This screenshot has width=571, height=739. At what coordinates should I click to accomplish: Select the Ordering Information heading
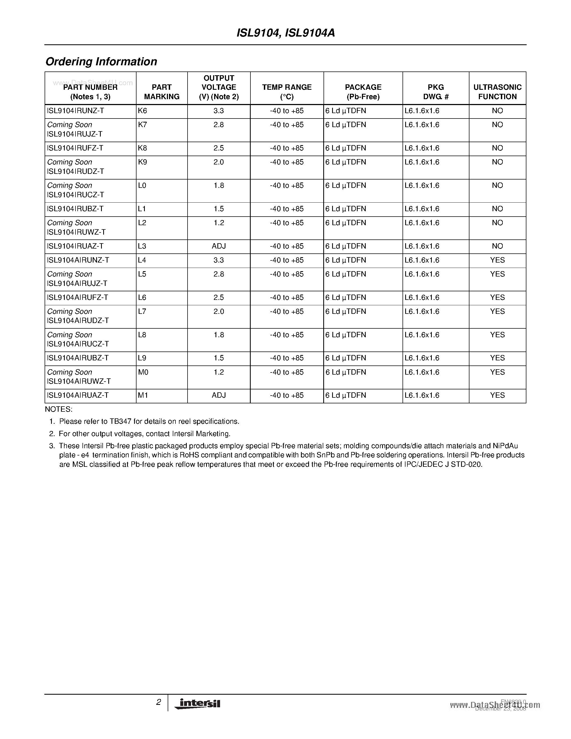101,62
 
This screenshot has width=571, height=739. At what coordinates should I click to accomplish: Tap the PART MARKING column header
162,92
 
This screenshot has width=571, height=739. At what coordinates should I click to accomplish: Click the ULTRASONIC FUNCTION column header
497,92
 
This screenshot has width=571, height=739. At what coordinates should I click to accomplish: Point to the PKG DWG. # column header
436,92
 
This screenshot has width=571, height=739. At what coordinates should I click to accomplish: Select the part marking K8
142,148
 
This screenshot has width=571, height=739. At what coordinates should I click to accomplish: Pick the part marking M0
143,372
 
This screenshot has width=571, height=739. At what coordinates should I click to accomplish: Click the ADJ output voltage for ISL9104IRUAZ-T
218,246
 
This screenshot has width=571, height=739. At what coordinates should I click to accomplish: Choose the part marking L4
142,260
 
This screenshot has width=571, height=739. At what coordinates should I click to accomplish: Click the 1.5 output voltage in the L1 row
218,209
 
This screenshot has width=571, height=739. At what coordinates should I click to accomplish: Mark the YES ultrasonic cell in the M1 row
497,395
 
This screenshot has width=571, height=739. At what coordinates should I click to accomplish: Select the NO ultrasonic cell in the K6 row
497,111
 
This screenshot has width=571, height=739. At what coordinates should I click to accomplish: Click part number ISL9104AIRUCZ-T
78,344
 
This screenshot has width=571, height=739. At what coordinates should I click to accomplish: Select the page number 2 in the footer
158,702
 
